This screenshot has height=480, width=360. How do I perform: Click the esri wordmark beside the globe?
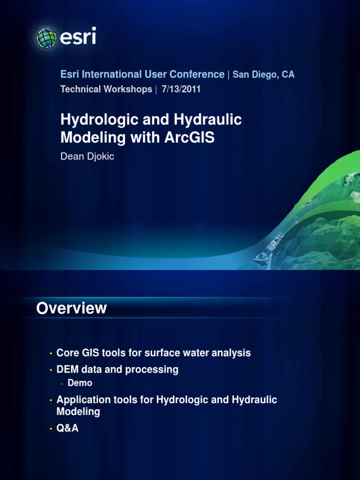pos(78,37)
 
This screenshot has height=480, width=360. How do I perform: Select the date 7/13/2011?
pos(181,89)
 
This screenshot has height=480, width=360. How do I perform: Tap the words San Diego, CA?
pos(264,75)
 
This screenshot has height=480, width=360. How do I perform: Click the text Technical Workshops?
pos(106,89)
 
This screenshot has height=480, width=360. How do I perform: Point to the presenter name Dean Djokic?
pos(88,157)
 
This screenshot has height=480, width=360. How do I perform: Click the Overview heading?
pos(72,308)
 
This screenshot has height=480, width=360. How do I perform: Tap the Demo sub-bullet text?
pos(80,383)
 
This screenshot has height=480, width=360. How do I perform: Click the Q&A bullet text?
pos(67,428)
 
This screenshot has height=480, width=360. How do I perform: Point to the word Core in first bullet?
pos(67,353)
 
